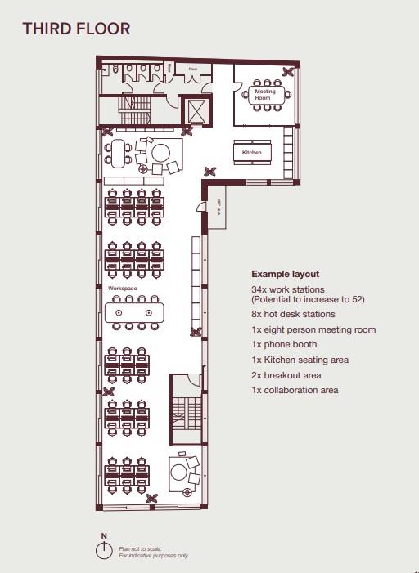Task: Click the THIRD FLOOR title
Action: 76,29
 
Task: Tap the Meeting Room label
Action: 264,95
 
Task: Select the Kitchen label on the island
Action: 252,153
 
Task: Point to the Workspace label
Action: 122,289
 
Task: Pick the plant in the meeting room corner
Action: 287,72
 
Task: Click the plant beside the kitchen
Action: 211,171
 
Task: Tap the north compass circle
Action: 104,550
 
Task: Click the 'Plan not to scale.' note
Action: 141,549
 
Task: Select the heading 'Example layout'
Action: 285,274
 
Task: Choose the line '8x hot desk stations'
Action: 293,314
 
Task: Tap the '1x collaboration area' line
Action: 295,391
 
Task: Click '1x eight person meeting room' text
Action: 313,329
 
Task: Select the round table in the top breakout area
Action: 160,152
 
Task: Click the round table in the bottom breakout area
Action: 180,471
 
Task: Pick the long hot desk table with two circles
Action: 134,312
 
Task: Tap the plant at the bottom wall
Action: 151,499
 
